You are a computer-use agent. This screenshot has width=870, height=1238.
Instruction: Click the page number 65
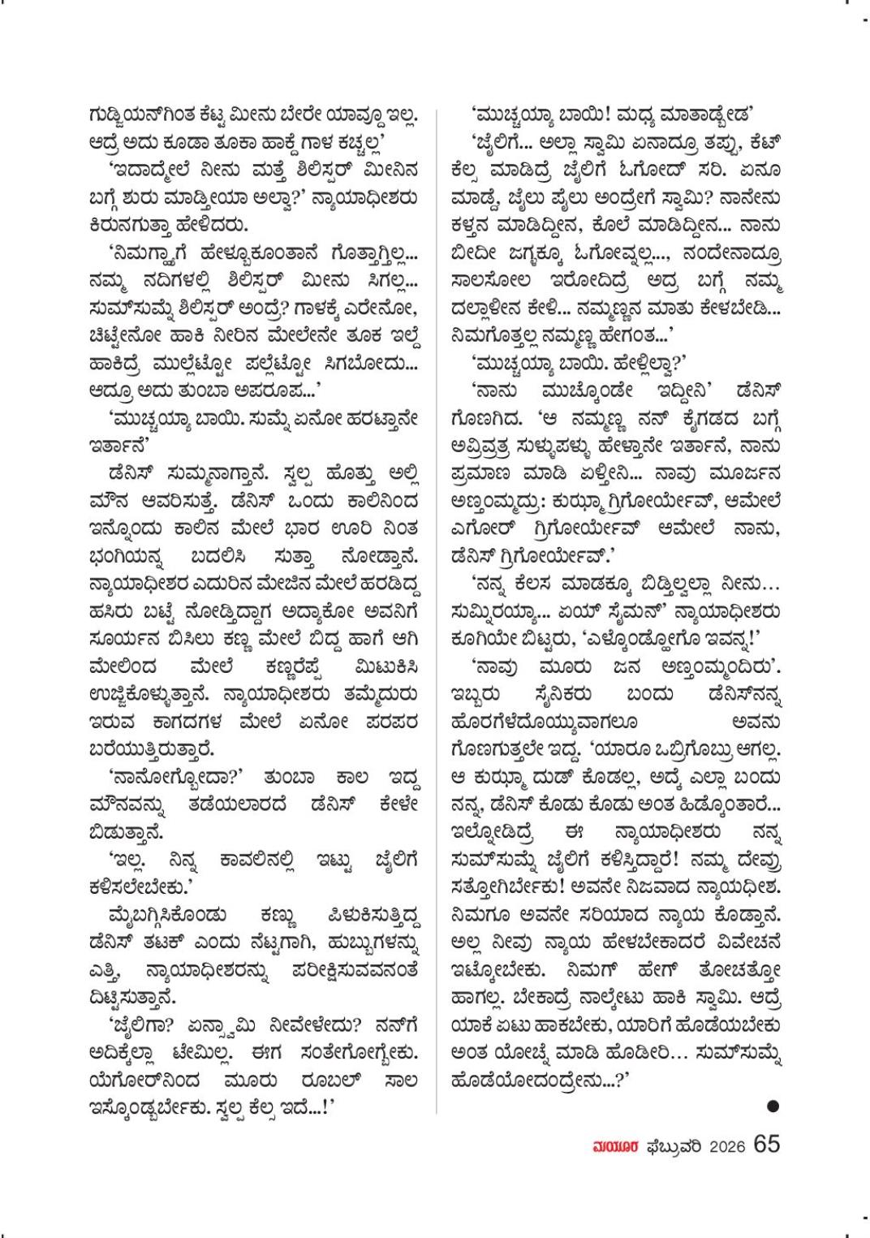tap(766, 1144)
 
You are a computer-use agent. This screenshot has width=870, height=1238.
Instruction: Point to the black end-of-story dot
tap(773, 1105)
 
